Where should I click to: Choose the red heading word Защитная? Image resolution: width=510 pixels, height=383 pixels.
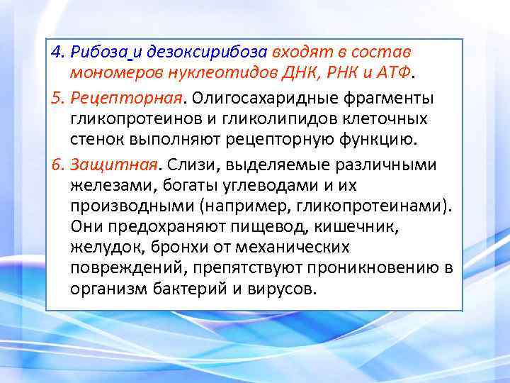point(112,164)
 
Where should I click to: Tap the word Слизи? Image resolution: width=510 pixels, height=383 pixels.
point(185,164)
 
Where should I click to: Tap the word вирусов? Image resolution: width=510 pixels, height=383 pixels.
point(288,289)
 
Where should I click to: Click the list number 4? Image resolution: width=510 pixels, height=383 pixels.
point(57,52)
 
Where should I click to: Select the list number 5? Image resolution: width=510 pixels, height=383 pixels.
point(57,96)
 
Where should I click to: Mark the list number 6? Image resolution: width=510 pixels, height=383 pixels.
point(57,164)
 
